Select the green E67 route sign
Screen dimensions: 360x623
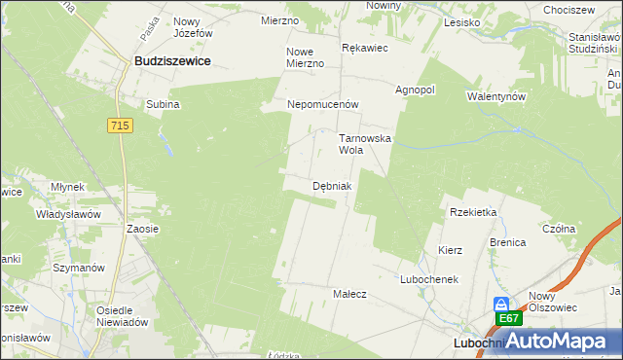pyautogui.click(x=508, y=318)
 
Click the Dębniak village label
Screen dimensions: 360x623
pyautogui.click(x=332, y=185)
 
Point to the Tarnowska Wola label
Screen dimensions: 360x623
pyautogui.click(x=364, y=144)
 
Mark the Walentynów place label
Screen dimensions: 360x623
pyautogui.click(x=496, y=96)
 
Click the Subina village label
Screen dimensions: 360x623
pyautogui.click(x=163, y=104)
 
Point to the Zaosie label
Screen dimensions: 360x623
pyautogui.click(x=142, y=229)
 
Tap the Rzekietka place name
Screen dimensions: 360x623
pyautogui.click(x=473, y=211)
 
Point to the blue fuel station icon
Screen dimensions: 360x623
pyautogui.click(x=501, y=304)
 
